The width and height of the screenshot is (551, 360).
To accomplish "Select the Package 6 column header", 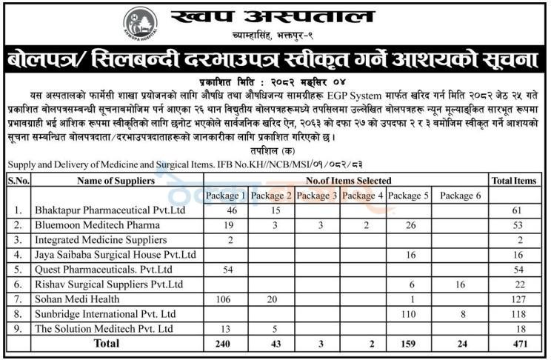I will click(459, 196).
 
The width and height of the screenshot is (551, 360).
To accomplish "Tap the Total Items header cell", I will click(513, 180).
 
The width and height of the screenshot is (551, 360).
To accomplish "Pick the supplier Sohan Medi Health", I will click(76, 299).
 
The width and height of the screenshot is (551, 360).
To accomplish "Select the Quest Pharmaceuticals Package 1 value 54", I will click(227, 269).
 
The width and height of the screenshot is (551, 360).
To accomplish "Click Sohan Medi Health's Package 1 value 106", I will click(227, 299).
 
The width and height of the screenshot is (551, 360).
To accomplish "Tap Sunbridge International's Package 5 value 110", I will click(409, 313).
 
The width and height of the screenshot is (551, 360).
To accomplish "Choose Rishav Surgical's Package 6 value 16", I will click(459, 284).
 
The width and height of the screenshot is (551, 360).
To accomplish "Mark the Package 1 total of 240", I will click(227, 344).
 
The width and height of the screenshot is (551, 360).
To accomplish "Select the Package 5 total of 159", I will click(409, 344).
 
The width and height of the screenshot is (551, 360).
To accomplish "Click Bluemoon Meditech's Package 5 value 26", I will click(409, 225).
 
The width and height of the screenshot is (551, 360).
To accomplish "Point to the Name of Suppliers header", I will click(116, 180).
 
